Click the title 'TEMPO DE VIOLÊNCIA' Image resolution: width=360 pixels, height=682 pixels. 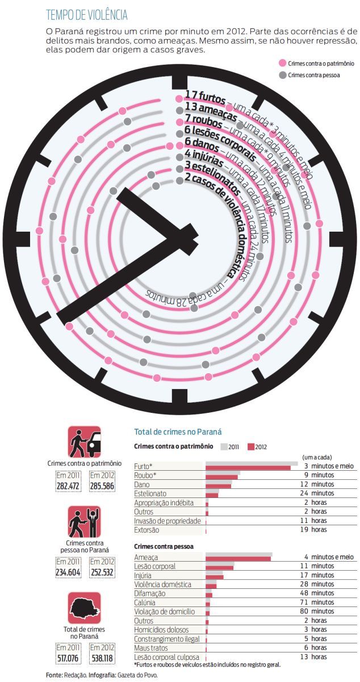point(86,15)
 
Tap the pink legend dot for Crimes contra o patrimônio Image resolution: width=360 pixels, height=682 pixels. point(282,64)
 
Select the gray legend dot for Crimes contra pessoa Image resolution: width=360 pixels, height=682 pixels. point(282,75)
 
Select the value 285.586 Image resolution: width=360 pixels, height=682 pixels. point(102,486)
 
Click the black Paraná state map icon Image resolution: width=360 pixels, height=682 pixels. point(85,608)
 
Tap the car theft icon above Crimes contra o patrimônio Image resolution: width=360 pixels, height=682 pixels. point(85,442)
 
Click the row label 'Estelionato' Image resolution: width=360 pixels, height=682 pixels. point(151,493)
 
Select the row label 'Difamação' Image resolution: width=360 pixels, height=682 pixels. point(150,593)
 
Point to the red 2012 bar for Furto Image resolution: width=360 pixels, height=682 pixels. point(248,468)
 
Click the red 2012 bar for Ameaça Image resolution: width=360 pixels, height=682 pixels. point(238,559)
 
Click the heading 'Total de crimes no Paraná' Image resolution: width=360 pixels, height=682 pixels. point(177,432)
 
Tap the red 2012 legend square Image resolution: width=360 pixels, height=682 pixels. point(251,447)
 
